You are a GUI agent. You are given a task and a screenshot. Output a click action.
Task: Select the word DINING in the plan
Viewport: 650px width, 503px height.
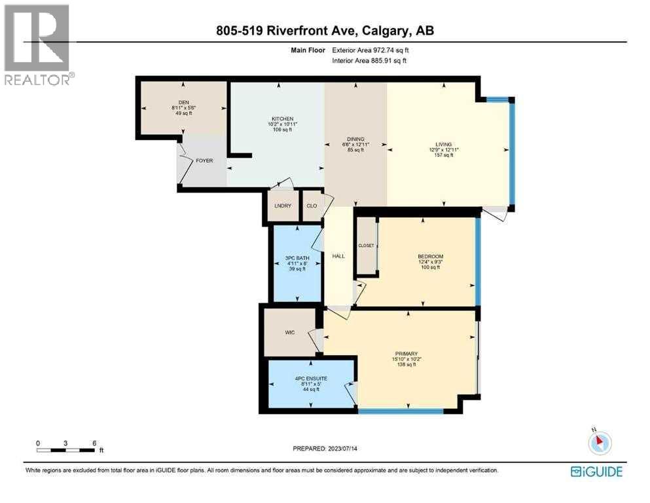tap(356, 139)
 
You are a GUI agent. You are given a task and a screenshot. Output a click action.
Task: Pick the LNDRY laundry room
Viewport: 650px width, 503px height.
tap(283, 206)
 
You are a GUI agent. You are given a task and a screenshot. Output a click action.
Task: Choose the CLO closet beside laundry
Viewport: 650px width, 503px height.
tap(312, 206)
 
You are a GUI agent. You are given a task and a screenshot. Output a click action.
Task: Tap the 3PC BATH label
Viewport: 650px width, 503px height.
tap(296, 258)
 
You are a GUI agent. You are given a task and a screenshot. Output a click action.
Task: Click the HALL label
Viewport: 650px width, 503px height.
tap(338, 256)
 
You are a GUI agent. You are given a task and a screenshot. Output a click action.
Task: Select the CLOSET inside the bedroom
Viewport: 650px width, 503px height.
tap(366, 246)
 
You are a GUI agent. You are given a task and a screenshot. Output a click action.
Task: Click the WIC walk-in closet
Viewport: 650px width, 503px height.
tap(290, 333)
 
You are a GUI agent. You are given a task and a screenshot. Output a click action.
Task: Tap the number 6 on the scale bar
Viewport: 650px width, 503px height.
tap(95, 443)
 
